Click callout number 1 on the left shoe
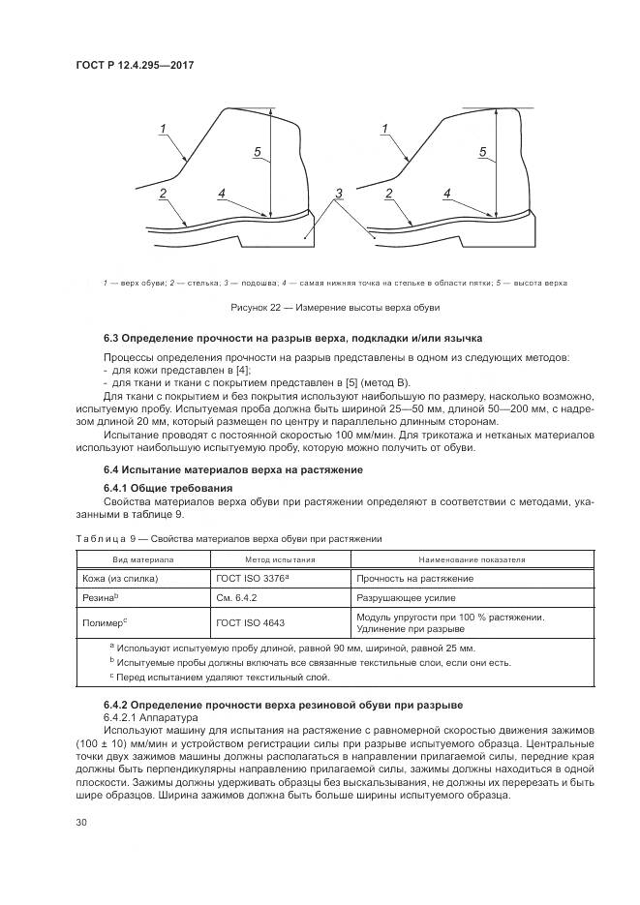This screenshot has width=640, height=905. [163, 129]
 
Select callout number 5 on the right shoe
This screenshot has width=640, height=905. [481, 152]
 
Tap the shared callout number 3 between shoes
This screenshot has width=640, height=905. [338, 195]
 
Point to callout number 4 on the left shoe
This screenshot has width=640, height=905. [222, 194]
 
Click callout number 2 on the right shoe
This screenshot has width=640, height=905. [388, 194]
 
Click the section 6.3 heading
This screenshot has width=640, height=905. [292, 338]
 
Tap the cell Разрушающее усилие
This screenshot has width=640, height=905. [402, 599]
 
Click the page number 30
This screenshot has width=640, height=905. [81, 823]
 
